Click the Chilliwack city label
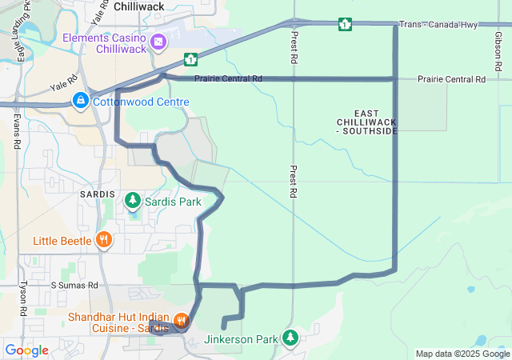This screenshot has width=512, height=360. pyautogui.click(x=138, y=6)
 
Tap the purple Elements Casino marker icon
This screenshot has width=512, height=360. pyautogui.click(x=158, y=41)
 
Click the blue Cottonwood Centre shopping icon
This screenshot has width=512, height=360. pyautogui.click(x=80, y=101)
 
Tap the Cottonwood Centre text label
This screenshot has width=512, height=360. pyautogui.click(x=141, y=102)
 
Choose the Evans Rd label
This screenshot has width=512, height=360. pyautogui.click(x=17, y=131)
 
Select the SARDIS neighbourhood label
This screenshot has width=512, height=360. pyautogui.click(x=98, y=195)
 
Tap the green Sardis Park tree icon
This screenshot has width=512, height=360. pyautogui.click(x=132, y=202)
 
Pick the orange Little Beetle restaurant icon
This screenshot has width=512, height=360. pyautogui.click(x=103, y=240)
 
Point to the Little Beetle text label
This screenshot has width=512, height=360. pyautogui.click(x=62, y=240)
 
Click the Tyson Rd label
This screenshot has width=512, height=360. pyautogui.click(x=22, y=298)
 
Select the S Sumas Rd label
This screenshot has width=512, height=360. pyautogui.click(x=74, y=285)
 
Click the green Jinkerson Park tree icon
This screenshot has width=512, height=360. pyautogui.click(x=290, y=338)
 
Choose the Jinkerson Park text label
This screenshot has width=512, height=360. pyautogui.click(x=241, y=339)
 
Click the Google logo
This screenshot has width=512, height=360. pyautogui.click(x=26, y=350)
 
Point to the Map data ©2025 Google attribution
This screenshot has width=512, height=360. pyautogui.click(x=462, y=354)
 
